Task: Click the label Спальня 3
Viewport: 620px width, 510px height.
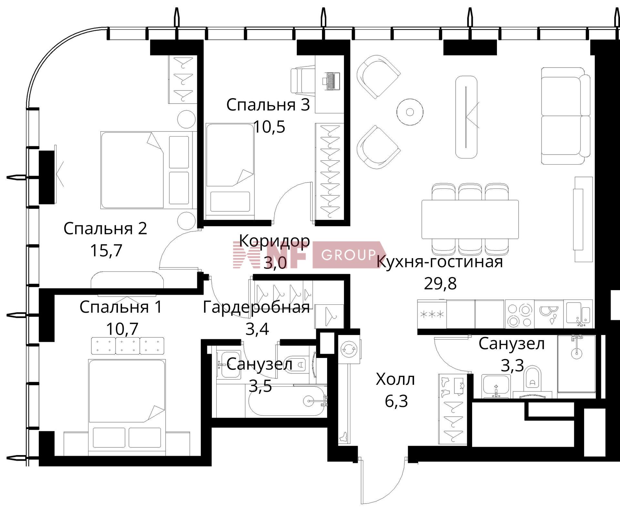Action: click(268, 105)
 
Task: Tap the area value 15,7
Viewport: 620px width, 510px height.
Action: click(106, 250)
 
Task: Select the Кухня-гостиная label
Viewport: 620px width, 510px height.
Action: click(440, 261)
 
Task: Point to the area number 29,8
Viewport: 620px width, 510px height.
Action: click(440, 284)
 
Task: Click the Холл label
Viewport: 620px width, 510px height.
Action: click(395, 380)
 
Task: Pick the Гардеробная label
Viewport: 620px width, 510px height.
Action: click(256, 307)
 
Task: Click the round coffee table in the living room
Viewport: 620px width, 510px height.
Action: click(410, 112)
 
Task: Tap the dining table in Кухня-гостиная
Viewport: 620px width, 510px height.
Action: click(470, 219)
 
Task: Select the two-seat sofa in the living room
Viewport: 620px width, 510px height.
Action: click(565, 116)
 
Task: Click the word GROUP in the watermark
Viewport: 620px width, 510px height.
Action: click(349, 255)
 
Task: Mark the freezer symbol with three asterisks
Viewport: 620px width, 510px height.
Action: click(431, 314)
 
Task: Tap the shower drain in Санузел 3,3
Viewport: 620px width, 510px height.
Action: click(577, 353)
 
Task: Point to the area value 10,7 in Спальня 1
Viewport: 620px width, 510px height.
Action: click(122, 329)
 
